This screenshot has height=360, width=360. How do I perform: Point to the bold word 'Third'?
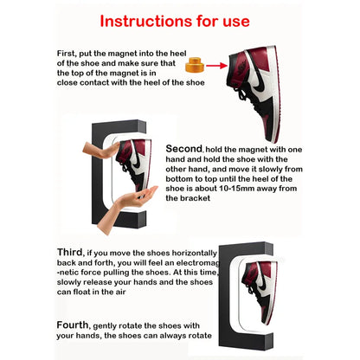click(74, 250)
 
